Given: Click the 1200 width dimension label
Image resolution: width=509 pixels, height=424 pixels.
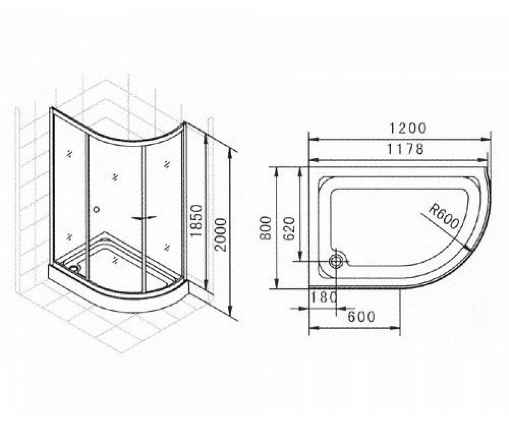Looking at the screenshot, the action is [x=407, y=128].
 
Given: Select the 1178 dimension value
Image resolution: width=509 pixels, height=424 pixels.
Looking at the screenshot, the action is [x=405, y=149].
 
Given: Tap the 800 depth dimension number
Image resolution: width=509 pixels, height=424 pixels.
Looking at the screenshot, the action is [x=266, y=228].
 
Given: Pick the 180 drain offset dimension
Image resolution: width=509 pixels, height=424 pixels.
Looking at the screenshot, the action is [x=324, y=297].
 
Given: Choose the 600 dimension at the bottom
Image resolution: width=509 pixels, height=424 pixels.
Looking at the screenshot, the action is [x=361, y=317].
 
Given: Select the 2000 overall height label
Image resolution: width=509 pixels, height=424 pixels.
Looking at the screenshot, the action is [x=221, y=234].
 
